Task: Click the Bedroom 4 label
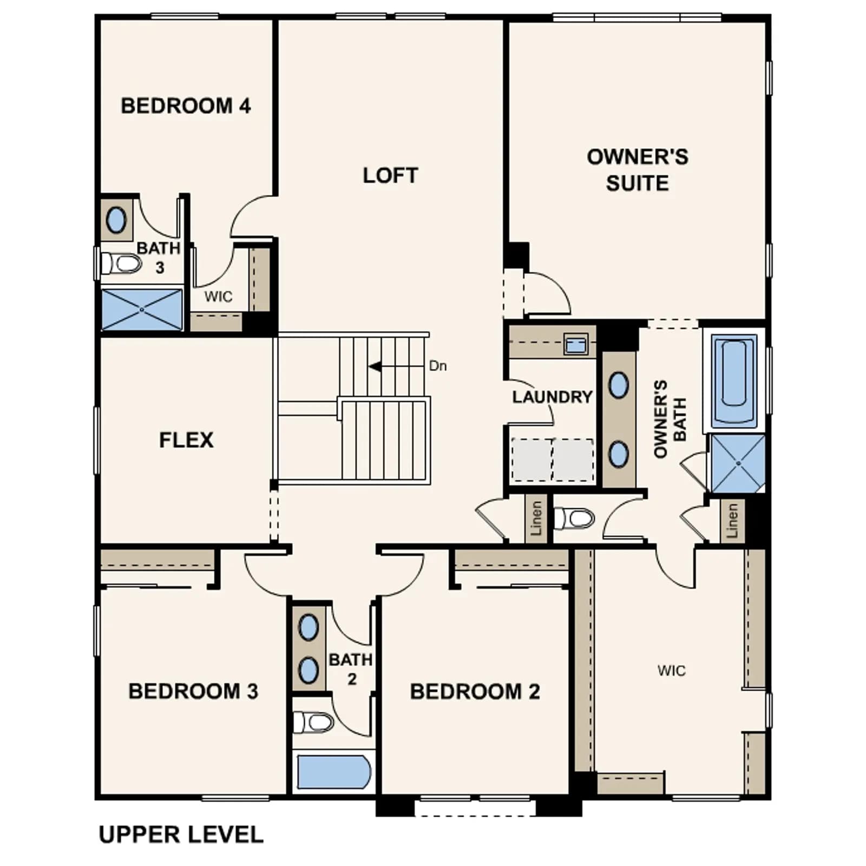(x=186, y=106)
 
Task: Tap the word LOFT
(x=390, y=175)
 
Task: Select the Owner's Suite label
(x=638, y=170)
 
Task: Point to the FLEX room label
(x=186, y=439)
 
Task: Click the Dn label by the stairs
(x=438, y=366)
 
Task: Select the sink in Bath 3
(x=116, y=220)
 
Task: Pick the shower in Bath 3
(x=142, y=310)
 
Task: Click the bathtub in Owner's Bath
(x=734, y=380)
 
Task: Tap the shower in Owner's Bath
(x=738, y=463)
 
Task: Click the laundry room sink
(x=575, y=344)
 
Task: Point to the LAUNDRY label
(x=552, y=397)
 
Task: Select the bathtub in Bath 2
(x=334, y=772)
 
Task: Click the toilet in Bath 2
(x=313, y=722)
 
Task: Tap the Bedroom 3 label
(x=193, y=691)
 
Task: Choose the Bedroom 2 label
(x=475, y=691)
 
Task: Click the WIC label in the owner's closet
(x=671, y=671)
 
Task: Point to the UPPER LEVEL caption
(x=181, y=834)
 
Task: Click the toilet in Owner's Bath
(x=575, y=518)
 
